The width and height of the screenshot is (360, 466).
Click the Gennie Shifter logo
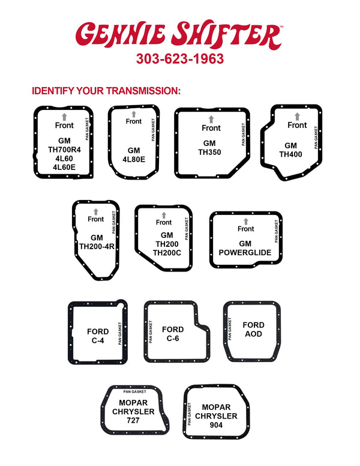click(179, 35)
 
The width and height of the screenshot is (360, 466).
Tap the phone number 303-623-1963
click(180, 59)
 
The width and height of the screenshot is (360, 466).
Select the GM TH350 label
click(210, 148)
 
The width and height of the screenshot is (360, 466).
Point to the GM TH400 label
click(291, 150)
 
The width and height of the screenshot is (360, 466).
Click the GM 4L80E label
click(134, 155)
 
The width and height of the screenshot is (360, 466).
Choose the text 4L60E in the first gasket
click(64, 168)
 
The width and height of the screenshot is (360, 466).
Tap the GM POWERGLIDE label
click(245, 248)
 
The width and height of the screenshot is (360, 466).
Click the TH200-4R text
click(97, 246)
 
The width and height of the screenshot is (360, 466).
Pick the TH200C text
click(167, 253)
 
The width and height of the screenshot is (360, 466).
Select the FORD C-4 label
click(98, 336)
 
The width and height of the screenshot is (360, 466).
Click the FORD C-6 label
click(173, 334)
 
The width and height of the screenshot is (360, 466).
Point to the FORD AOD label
click(253, 329)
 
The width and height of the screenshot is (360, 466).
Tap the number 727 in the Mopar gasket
click(133, 420)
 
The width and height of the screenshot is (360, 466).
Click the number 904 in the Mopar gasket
click(216, 425)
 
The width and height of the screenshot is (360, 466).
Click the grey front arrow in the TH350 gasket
click(211, 119)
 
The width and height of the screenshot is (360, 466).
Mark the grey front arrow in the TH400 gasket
click(298, 116)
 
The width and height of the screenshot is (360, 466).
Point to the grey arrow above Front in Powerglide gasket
click(246, 222)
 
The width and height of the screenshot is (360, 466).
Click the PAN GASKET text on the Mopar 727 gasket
click(135, 392)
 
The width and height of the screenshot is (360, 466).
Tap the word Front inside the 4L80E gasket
click(134, 121)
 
